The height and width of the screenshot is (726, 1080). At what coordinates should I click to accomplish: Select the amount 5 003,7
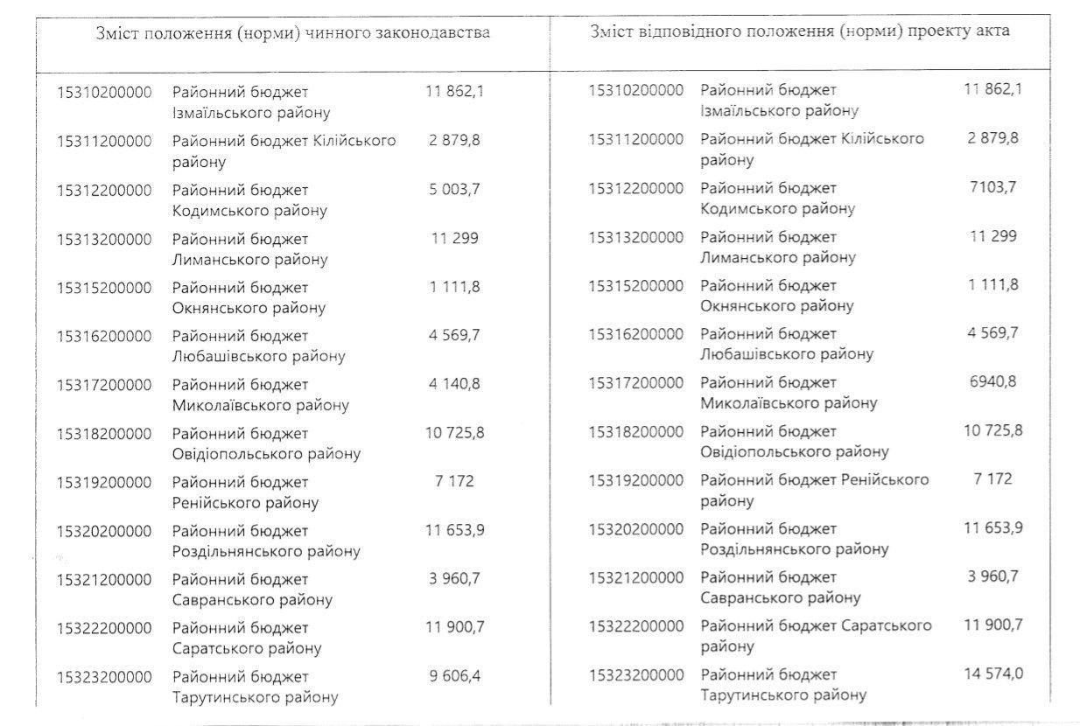click(x=454, y=190)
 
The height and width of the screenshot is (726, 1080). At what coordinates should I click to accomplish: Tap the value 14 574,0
click(x=992, y=674)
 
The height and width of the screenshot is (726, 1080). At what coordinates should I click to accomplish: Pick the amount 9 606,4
click(x=454, y=676)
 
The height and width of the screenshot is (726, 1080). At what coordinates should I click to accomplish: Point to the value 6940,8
click(x=992, y=382)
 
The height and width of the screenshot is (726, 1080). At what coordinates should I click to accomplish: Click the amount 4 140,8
click(x=454, y=384)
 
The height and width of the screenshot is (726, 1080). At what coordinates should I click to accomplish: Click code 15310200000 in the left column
click(x=104, y=92)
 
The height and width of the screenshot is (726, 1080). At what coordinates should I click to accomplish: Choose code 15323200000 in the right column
click(x=635, y=674)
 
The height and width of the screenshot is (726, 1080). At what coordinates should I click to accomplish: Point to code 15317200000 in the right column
click(x=635, y=382)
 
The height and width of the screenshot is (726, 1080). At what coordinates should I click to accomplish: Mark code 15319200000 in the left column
click(x=104, y=482)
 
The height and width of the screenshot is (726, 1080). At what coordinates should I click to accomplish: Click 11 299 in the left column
click(x=454, y=239)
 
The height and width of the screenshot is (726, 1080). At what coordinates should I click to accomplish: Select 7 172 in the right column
click(x=992, y=479)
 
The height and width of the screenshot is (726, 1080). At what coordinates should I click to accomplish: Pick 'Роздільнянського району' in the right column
click(x=795, y=549)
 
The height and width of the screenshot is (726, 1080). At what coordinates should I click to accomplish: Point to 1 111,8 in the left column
click(x=454, y=287)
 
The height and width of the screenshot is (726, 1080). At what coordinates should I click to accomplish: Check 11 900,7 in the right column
click(x=992, y=625)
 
